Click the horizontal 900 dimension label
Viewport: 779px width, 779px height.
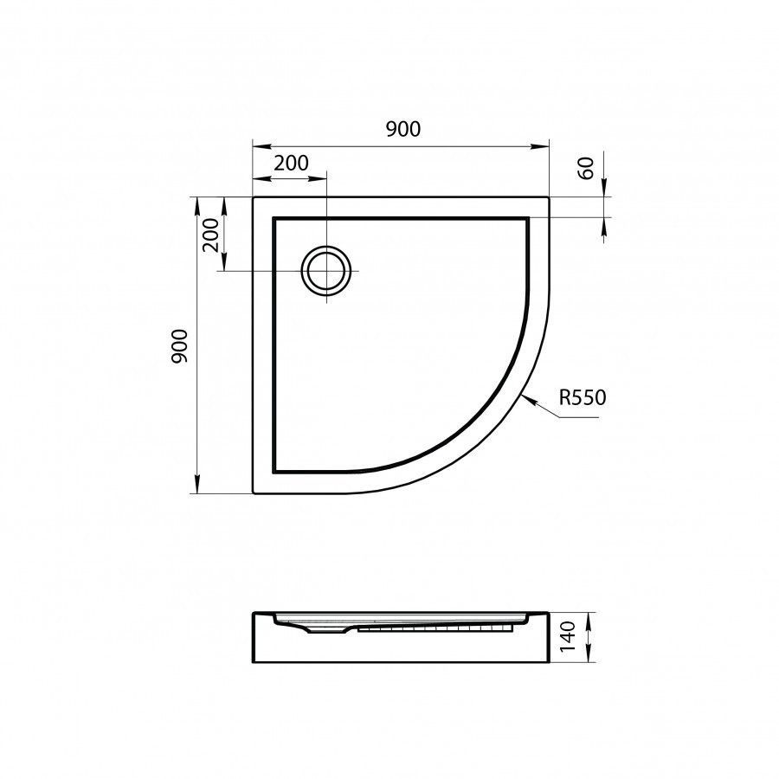coord(402,129)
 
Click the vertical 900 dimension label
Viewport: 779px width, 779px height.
coord(179,345)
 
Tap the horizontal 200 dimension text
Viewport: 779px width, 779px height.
coord(291,163)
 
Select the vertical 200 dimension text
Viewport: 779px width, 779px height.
coord(210,235)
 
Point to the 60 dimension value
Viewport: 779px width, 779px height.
coord(586,168)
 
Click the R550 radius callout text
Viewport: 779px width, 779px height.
coord(583,397)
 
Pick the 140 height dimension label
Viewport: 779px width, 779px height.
coord(567,636)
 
